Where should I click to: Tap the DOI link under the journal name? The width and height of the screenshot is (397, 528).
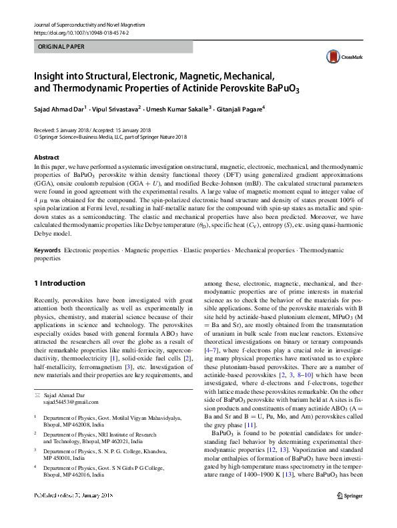coord(81,32)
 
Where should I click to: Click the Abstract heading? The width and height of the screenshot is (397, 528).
coord(47,158)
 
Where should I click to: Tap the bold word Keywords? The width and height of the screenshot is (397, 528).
coord(48,250)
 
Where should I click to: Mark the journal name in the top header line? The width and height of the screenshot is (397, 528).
coord(89,24)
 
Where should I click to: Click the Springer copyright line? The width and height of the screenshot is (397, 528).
coord(110,137)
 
